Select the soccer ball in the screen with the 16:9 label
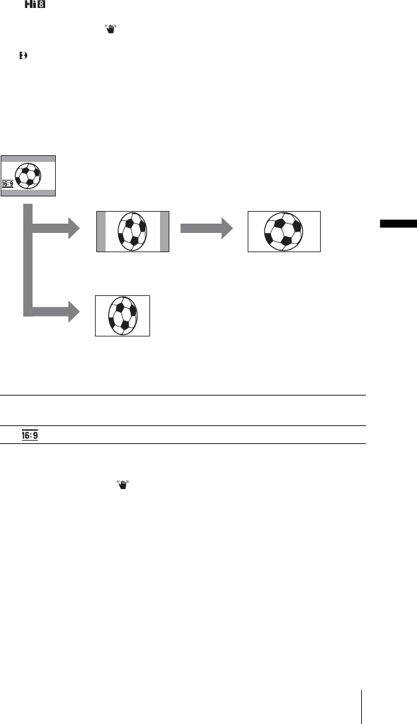pyautogui.click(x=28, y=176)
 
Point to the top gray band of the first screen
pyautogui.click(x=28, y=160)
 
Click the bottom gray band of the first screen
pyautogui.click(x=28, y=191)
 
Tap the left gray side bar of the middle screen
pyautogui.click(x=101, y=232)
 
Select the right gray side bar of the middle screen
pyautogui.click(x=165, y=232)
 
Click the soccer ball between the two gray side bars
pyautogui.click(x=133, y=232)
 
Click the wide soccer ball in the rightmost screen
pyautogui.click(x=284, y=231)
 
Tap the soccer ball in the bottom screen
pyautogui.click(x=123, y=315)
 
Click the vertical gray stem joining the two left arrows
pyautogui.click(x=28, y=259)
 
